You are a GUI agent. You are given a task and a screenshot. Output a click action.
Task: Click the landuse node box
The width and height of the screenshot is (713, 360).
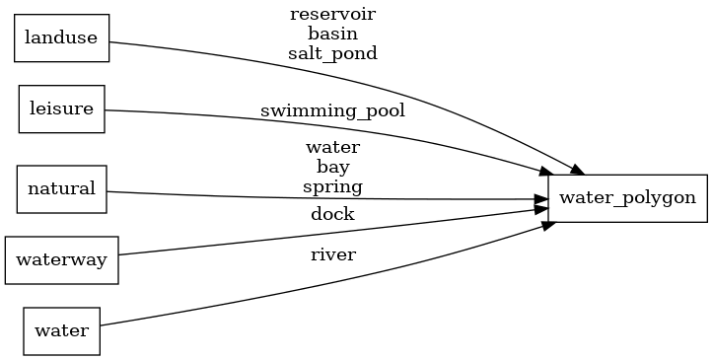pyautogui.click(x=61, y=38)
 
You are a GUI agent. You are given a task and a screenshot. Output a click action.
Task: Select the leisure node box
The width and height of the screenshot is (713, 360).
pyautogui.click(x=61, y=108)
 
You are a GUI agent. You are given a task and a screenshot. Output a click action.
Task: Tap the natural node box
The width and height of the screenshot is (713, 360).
pyautogui.click(x=61, y=188)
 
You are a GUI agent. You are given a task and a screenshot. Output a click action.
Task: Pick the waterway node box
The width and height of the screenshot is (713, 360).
pyautogui.click(x=61, y=260)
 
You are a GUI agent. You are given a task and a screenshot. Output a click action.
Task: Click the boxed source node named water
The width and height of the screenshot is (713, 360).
pyautogui.click(x=61, y=330)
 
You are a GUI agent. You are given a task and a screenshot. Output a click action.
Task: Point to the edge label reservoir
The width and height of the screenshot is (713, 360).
pyautogui.click(x=332, y=15)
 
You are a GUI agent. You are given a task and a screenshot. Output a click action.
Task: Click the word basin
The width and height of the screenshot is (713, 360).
pyautogui.click(x=332, y=35)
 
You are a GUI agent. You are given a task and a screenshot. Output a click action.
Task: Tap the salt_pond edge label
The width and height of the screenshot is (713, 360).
pyautogui.click(x=332, y=54)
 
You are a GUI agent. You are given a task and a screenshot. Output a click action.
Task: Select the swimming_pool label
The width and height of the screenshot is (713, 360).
pyautogui.click(x=332, y=110)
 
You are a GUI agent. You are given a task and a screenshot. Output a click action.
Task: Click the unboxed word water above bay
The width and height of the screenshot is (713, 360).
pyautogui.click(x=332, y=148)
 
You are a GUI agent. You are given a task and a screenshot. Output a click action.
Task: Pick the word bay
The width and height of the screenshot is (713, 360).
pyautogui.click(x=332, y=168)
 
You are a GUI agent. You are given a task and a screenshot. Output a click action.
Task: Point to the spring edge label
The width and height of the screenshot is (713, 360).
pyautogui.click(x=332, y=186)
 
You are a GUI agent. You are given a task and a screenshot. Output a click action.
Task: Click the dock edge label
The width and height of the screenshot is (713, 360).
pyautogui.click(x=332, y=214)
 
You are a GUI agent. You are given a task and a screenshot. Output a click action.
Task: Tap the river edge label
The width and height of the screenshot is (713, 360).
pyautogui.click(x=332, y=254)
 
